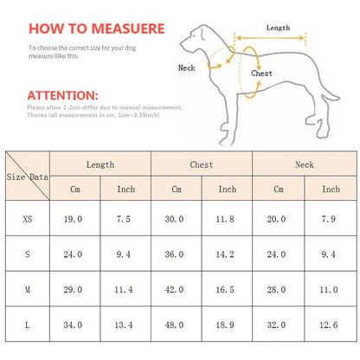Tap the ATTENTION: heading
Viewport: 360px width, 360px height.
63,94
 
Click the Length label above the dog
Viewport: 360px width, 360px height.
278,28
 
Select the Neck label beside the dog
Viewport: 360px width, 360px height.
187,67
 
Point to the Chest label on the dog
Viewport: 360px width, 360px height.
261,74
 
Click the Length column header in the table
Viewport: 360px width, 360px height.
100,164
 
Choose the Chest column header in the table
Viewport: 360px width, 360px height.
202,164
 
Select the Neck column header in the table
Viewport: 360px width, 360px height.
304,164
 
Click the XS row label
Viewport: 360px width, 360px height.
29,219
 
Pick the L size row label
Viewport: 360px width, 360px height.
29,325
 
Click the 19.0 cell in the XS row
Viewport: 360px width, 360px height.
75,219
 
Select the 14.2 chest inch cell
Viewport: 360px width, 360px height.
227,255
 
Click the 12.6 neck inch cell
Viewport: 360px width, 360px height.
330,325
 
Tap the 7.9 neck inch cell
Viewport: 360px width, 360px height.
330,219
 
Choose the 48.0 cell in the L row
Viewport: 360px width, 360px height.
177,325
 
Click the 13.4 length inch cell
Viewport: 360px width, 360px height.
125,325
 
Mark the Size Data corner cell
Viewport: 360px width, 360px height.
28,176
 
